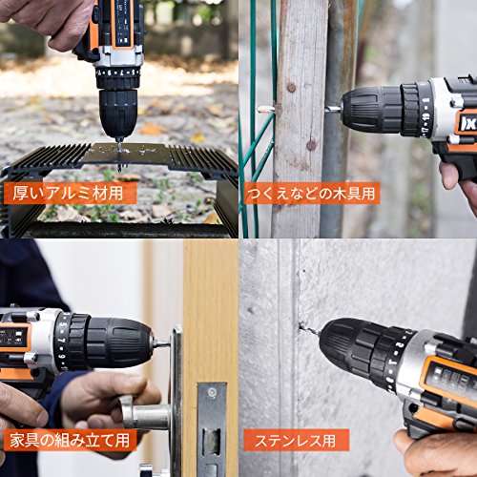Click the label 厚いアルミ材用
coord(68,194)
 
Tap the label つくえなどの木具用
coord(311,194)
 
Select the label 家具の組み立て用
coord(70,441)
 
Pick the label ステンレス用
coord(295,441)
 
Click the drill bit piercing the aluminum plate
coord(119,155)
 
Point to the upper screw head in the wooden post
coord(291,87)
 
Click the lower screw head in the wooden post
coord(311,146)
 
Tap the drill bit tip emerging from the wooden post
coord(266,110)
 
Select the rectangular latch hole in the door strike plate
coord(212,442)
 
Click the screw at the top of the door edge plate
coord(212,392)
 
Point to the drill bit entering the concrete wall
coord(310,330)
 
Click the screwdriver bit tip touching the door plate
coord(161,343)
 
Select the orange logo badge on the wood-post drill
coord(466,121)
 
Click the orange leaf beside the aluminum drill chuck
coord(152,129)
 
